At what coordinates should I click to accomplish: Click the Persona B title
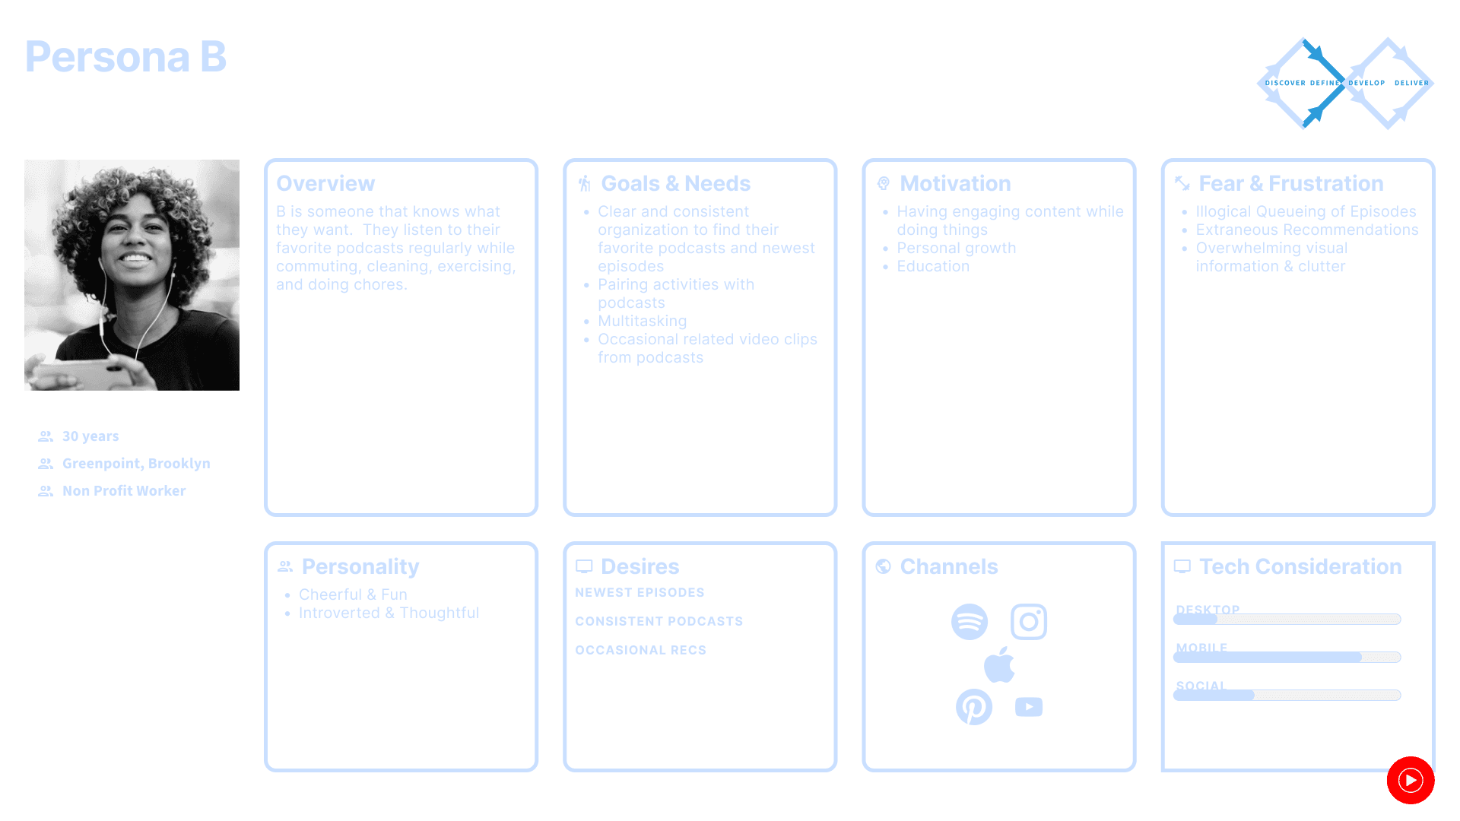(125, 57)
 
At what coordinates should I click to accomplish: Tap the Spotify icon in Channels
(970, 622)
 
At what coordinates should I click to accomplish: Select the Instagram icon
(1029, 622)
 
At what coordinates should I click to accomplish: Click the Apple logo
(999, 665)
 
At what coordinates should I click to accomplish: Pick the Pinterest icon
(974, 707)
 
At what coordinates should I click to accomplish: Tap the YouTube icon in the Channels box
(1029, 707)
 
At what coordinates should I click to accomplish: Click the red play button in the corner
(1411, 780)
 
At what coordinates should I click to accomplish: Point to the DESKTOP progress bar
(1287, 620)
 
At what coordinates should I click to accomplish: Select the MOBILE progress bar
(1287, 658)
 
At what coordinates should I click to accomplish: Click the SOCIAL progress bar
(1287, 696)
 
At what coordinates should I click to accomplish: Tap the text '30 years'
(90, 436)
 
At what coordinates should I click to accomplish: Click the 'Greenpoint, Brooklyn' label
(136, 464)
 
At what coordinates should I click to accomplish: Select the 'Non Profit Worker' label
(124, 491)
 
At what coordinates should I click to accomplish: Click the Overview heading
(325, 183)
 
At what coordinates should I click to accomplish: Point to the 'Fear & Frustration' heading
(1290, 183)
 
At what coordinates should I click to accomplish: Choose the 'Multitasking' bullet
(642, 321)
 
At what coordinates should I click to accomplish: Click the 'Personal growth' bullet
(956, 248)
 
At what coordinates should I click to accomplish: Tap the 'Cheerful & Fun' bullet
(353, 594)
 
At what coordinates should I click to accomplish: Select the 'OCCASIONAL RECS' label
(640, 650)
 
